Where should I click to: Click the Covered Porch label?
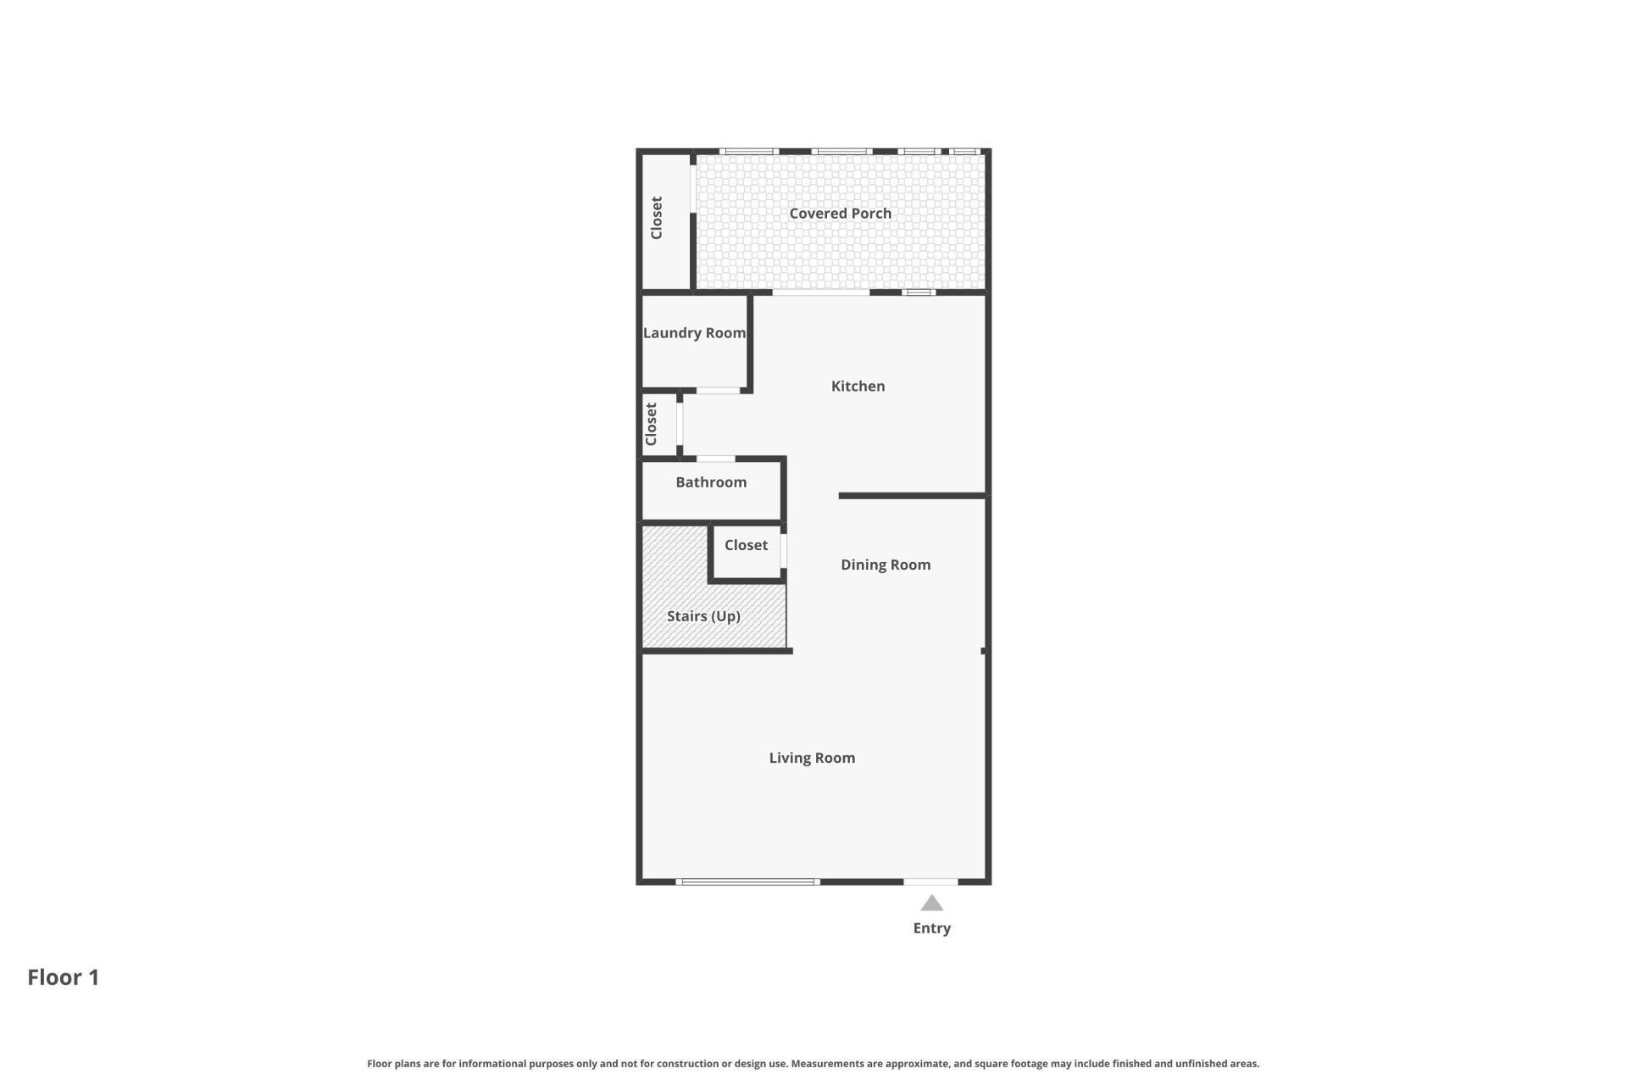[840, 214]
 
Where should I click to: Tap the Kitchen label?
[858, 387]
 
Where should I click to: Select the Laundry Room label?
[694, 333]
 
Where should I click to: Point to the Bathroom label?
[711, 482]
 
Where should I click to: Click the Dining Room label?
[886, 565]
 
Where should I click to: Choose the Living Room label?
[812, 758]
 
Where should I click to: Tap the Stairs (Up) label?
[703, 616]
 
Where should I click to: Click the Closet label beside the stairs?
[746, 545]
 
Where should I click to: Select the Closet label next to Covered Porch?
[657, 218]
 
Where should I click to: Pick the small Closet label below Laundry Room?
[651, 424]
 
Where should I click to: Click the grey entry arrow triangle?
[931, 904]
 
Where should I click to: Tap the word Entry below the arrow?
[931, 928]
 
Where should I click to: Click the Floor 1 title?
[64, 977]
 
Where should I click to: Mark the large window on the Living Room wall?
[747, 882]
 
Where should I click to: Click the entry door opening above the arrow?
[930, 882]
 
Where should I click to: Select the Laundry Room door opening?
[718, 391]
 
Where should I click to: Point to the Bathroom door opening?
[715, 459]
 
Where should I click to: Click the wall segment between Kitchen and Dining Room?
[912, 496]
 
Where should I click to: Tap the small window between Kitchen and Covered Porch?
[918, 292]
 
